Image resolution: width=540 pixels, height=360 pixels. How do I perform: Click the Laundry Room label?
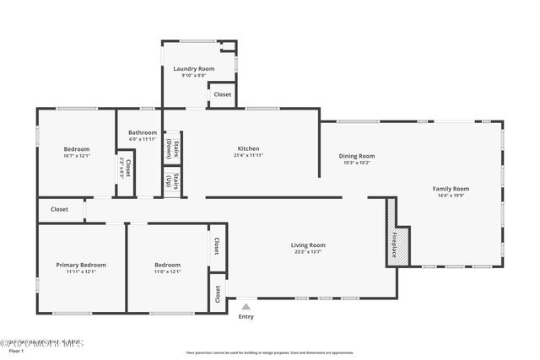pyautogui.click(x=193, y=68)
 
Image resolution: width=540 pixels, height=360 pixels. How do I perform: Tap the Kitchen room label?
pyautogui.click(x=247, y=148)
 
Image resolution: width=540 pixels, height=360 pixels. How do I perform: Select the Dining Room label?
pyautogui.click(x=357, y=156)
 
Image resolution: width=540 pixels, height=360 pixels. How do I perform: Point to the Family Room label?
pyautogui.click(x=451, y=189)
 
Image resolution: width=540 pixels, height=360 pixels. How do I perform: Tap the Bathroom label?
pyautogui.click(x=142, y=132)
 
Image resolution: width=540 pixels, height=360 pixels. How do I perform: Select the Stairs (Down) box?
pyautogui.click(x=171, y=148)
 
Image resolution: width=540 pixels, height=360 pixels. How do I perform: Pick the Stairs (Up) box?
pyautogui.click(x=171, y=180)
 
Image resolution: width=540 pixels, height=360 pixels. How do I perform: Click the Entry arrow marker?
pyautogui.click(x=246, y=307)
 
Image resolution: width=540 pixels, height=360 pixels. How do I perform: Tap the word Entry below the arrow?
pyautogui.click(x=246, y=317)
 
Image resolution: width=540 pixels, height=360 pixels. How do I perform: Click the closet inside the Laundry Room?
pyautogui.click(x=222, y=94)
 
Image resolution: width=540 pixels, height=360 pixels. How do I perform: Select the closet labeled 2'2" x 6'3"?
pyautogui.click(x=126, y=169)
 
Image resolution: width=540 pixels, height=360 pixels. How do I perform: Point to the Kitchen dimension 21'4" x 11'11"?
pyautogui.click(x=247, y=156)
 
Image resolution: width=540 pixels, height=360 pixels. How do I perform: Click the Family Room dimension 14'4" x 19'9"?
pyautogui.click(x=451, y=196)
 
